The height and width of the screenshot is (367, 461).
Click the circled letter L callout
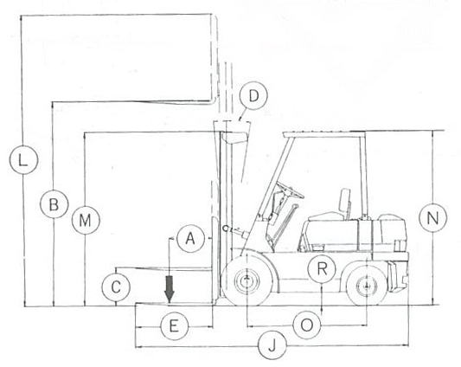tap(23, 159)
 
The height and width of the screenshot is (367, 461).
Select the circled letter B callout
tap(54, 204)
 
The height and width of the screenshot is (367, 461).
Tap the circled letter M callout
tap(86, 220)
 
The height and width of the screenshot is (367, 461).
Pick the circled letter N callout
tap(432, 218)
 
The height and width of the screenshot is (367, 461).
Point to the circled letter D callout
tap(253, 96)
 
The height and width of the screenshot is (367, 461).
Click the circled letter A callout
tap(191, 238)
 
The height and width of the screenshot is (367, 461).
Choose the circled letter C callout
tap(116, 287)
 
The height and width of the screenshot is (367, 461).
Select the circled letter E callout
tap(175, 326)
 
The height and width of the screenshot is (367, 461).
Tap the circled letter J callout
tap(272, 344)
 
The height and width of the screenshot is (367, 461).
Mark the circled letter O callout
tap(307, 325)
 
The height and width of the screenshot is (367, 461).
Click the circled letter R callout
tap(323, 268)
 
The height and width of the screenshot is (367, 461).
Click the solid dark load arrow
tap(170, 289)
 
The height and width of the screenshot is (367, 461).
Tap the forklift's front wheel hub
tap(247, 280)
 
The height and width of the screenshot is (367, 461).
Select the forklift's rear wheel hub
tap(367, 285)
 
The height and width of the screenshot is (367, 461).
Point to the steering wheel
tap(291, 190)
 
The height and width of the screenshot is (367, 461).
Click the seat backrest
tap(345, 200)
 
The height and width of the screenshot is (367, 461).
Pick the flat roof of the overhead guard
tap(324, 135)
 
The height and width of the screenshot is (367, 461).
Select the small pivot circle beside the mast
tap(226, 229)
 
